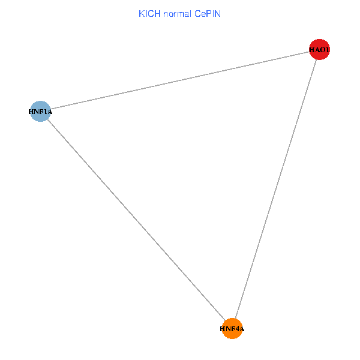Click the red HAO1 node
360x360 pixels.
(x=319, y=50)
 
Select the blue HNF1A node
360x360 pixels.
(x=40, y=111)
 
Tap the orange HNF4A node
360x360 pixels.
(x=232, y=329)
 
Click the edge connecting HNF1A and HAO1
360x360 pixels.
(x=180, y=80)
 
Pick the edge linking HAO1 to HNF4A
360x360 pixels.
(x=276, y=189)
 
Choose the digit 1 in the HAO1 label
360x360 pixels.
(x=328, y=50)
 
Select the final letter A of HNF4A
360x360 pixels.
(x=241, y=329)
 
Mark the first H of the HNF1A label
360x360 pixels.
(x=31, y=111)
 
